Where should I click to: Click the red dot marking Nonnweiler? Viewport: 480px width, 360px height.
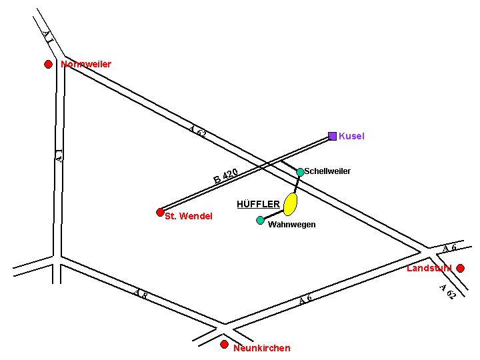coord(48,64)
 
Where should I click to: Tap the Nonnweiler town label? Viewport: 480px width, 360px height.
coord(86,65)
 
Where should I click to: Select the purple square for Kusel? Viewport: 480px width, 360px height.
coord(333,136)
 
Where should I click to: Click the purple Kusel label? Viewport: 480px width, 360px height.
coord(352,137)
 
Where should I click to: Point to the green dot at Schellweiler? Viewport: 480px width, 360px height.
coord(300,172)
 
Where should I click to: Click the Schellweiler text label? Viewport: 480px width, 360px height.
coord(327,172)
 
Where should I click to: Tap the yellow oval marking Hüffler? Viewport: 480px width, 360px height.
coord(290,204)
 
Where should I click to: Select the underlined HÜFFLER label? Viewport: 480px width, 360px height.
coord(258,204)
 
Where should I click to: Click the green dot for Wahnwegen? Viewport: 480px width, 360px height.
coord(260,220)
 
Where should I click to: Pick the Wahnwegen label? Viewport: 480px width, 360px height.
coord(291,225)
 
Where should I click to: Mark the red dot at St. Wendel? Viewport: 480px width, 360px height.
coord(160,212)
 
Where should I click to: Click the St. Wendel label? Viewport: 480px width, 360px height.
coord(189,217)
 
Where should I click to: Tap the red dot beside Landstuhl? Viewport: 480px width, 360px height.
coord(460,268)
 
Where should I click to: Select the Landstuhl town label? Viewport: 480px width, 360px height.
coord(429,269)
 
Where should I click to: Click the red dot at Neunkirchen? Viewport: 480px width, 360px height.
coord(224,344)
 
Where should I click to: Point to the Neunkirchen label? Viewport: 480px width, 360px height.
coord(262,348)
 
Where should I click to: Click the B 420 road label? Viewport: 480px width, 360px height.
coord(225,177)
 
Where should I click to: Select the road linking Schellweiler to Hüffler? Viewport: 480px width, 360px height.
coord(297,183)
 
